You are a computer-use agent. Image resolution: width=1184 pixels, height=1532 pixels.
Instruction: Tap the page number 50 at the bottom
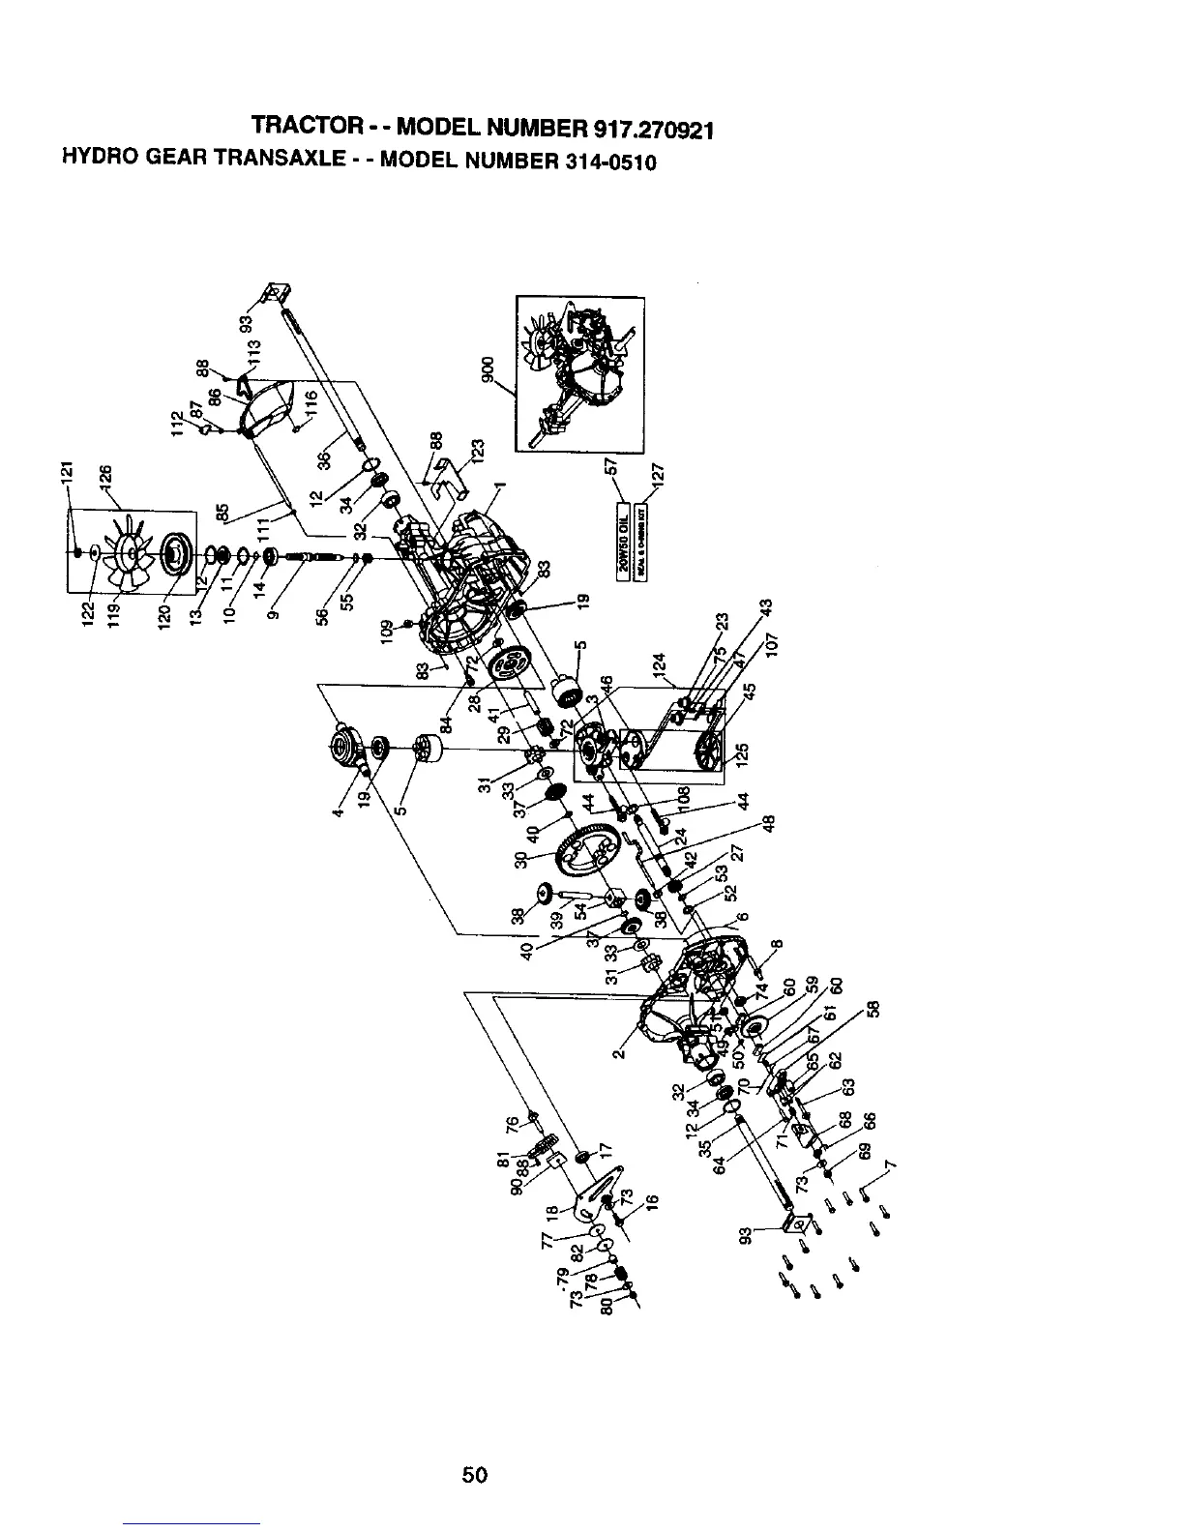pos(474,1475)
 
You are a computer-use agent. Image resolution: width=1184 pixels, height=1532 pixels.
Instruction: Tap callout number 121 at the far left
pos(67,475)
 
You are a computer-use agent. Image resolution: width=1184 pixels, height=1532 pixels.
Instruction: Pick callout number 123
pos(477,451)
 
